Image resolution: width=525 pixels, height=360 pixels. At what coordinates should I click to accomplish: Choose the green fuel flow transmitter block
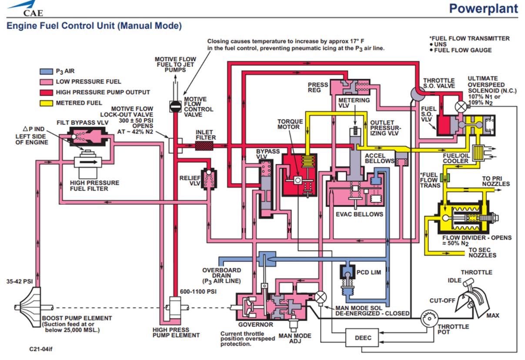pyautogui.click(x=444, y=177)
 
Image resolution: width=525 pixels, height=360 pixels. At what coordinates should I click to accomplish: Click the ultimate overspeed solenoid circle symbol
pyautogui.click(x=460, y=106)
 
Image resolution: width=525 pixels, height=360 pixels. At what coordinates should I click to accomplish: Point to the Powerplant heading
pyautogui.click(x=483, y=9)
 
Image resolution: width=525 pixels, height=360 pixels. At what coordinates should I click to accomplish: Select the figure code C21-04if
pyautogui.click(x=43, y=349)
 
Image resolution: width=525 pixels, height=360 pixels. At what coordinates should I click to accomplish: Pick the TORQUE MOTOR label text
pyautogui.click(x=289, y=123)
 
